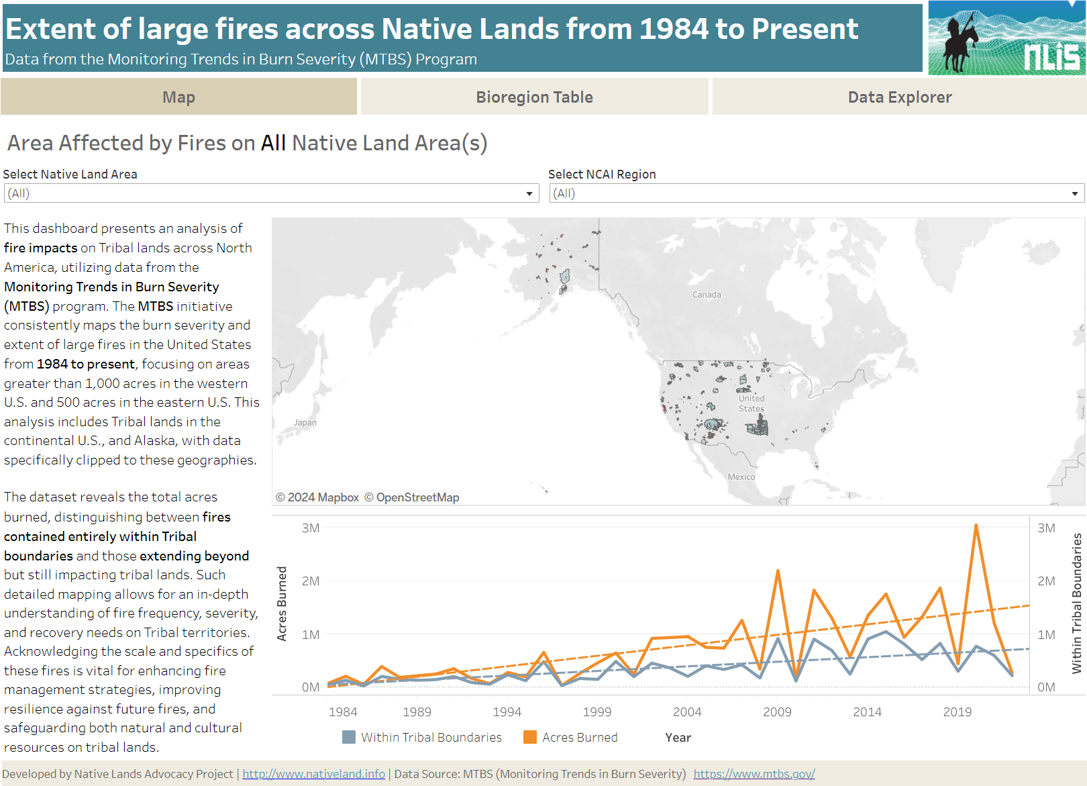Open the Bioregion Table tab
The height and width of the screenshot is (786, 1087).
click(x=534, y=97)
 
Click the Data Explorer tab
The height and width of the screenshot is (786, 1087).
click(x=899, y=97)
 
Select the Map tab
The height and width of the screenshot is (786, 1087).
click(x=178, y=97)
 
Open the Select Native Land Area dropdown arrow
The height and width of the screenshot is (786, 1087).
click(x=529, y=194)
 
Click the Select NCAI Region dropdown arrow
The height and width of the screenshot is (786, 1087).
click(x=1074, y=194)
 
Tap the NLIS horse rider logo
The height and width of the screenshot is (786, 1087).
click(x=1006, y=38)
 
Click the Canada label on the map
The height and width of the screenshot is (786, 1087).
click(x=707, y=295)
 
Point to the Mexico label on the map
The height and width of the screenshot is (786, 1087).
click(x=741, y=477)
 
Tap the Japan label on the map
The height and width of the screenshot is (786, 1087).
click(x=305, y=422)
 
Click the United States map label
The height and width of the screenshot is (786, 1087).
click(x=752, y=403)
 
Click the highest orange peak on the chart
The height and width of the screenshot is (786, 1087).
click(x=976, y=526)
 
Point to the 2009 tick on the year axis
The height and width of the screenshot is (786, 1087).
click(x=777, y=711)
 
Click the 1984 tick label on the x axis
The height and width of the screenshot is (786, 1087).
click(x=343, y=711)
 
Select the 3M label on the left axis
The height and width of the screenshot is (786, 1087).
click(x=311, y=528)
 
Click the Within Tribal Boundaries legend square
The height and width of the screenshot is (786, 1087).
click(x=349, y=737)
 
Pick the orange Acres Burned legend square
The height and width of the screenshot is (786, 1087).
click(x=530, y=737)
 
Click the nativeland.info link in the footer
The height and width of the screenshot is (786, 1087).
click(x=313, y=774)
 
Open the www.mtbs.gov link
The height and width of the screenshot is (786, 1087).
click(x=754, y=774)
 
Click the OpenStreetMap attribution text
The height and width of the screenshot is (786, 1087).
click(x=411, y=497)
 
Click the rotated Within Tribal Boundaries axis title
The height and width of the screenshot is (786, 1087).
click(x=1076, y=603)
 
